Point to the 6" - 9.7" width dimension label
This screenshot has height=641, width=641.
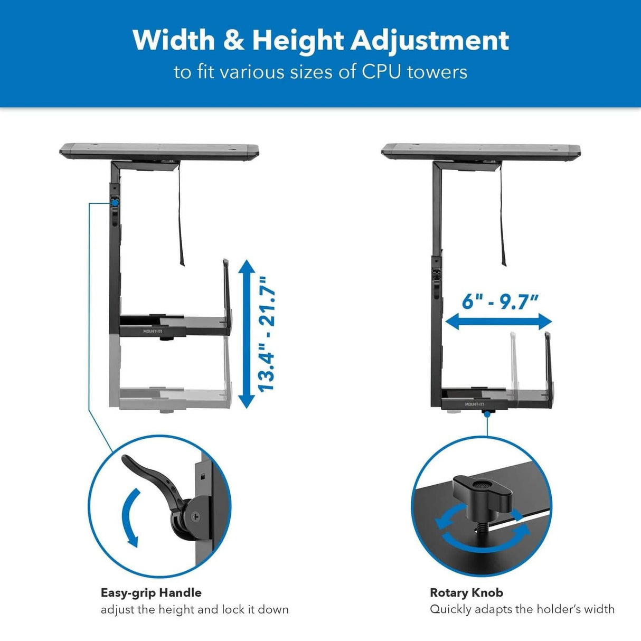[499, 301]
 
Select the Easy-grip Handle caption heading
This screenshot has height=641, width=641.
[151, 592]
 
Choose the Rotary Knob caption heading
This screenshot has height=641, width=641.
[466, 592]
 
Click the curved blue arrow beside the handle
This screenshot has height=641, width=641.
[129, 517]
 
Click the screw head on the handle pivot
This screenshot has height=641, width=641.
[196, 518]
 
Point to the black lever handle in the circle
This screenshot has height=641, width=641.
[153, 478]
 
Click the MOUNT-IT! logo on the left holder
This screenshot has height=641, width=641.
[152, 332]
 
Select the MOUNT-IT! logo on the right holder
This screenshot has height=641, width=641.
[474, 404]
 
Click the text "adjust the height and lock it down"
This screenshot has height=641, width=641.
[194, 609]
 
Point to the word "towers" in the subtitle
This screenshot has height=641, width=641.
[437, 71]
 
